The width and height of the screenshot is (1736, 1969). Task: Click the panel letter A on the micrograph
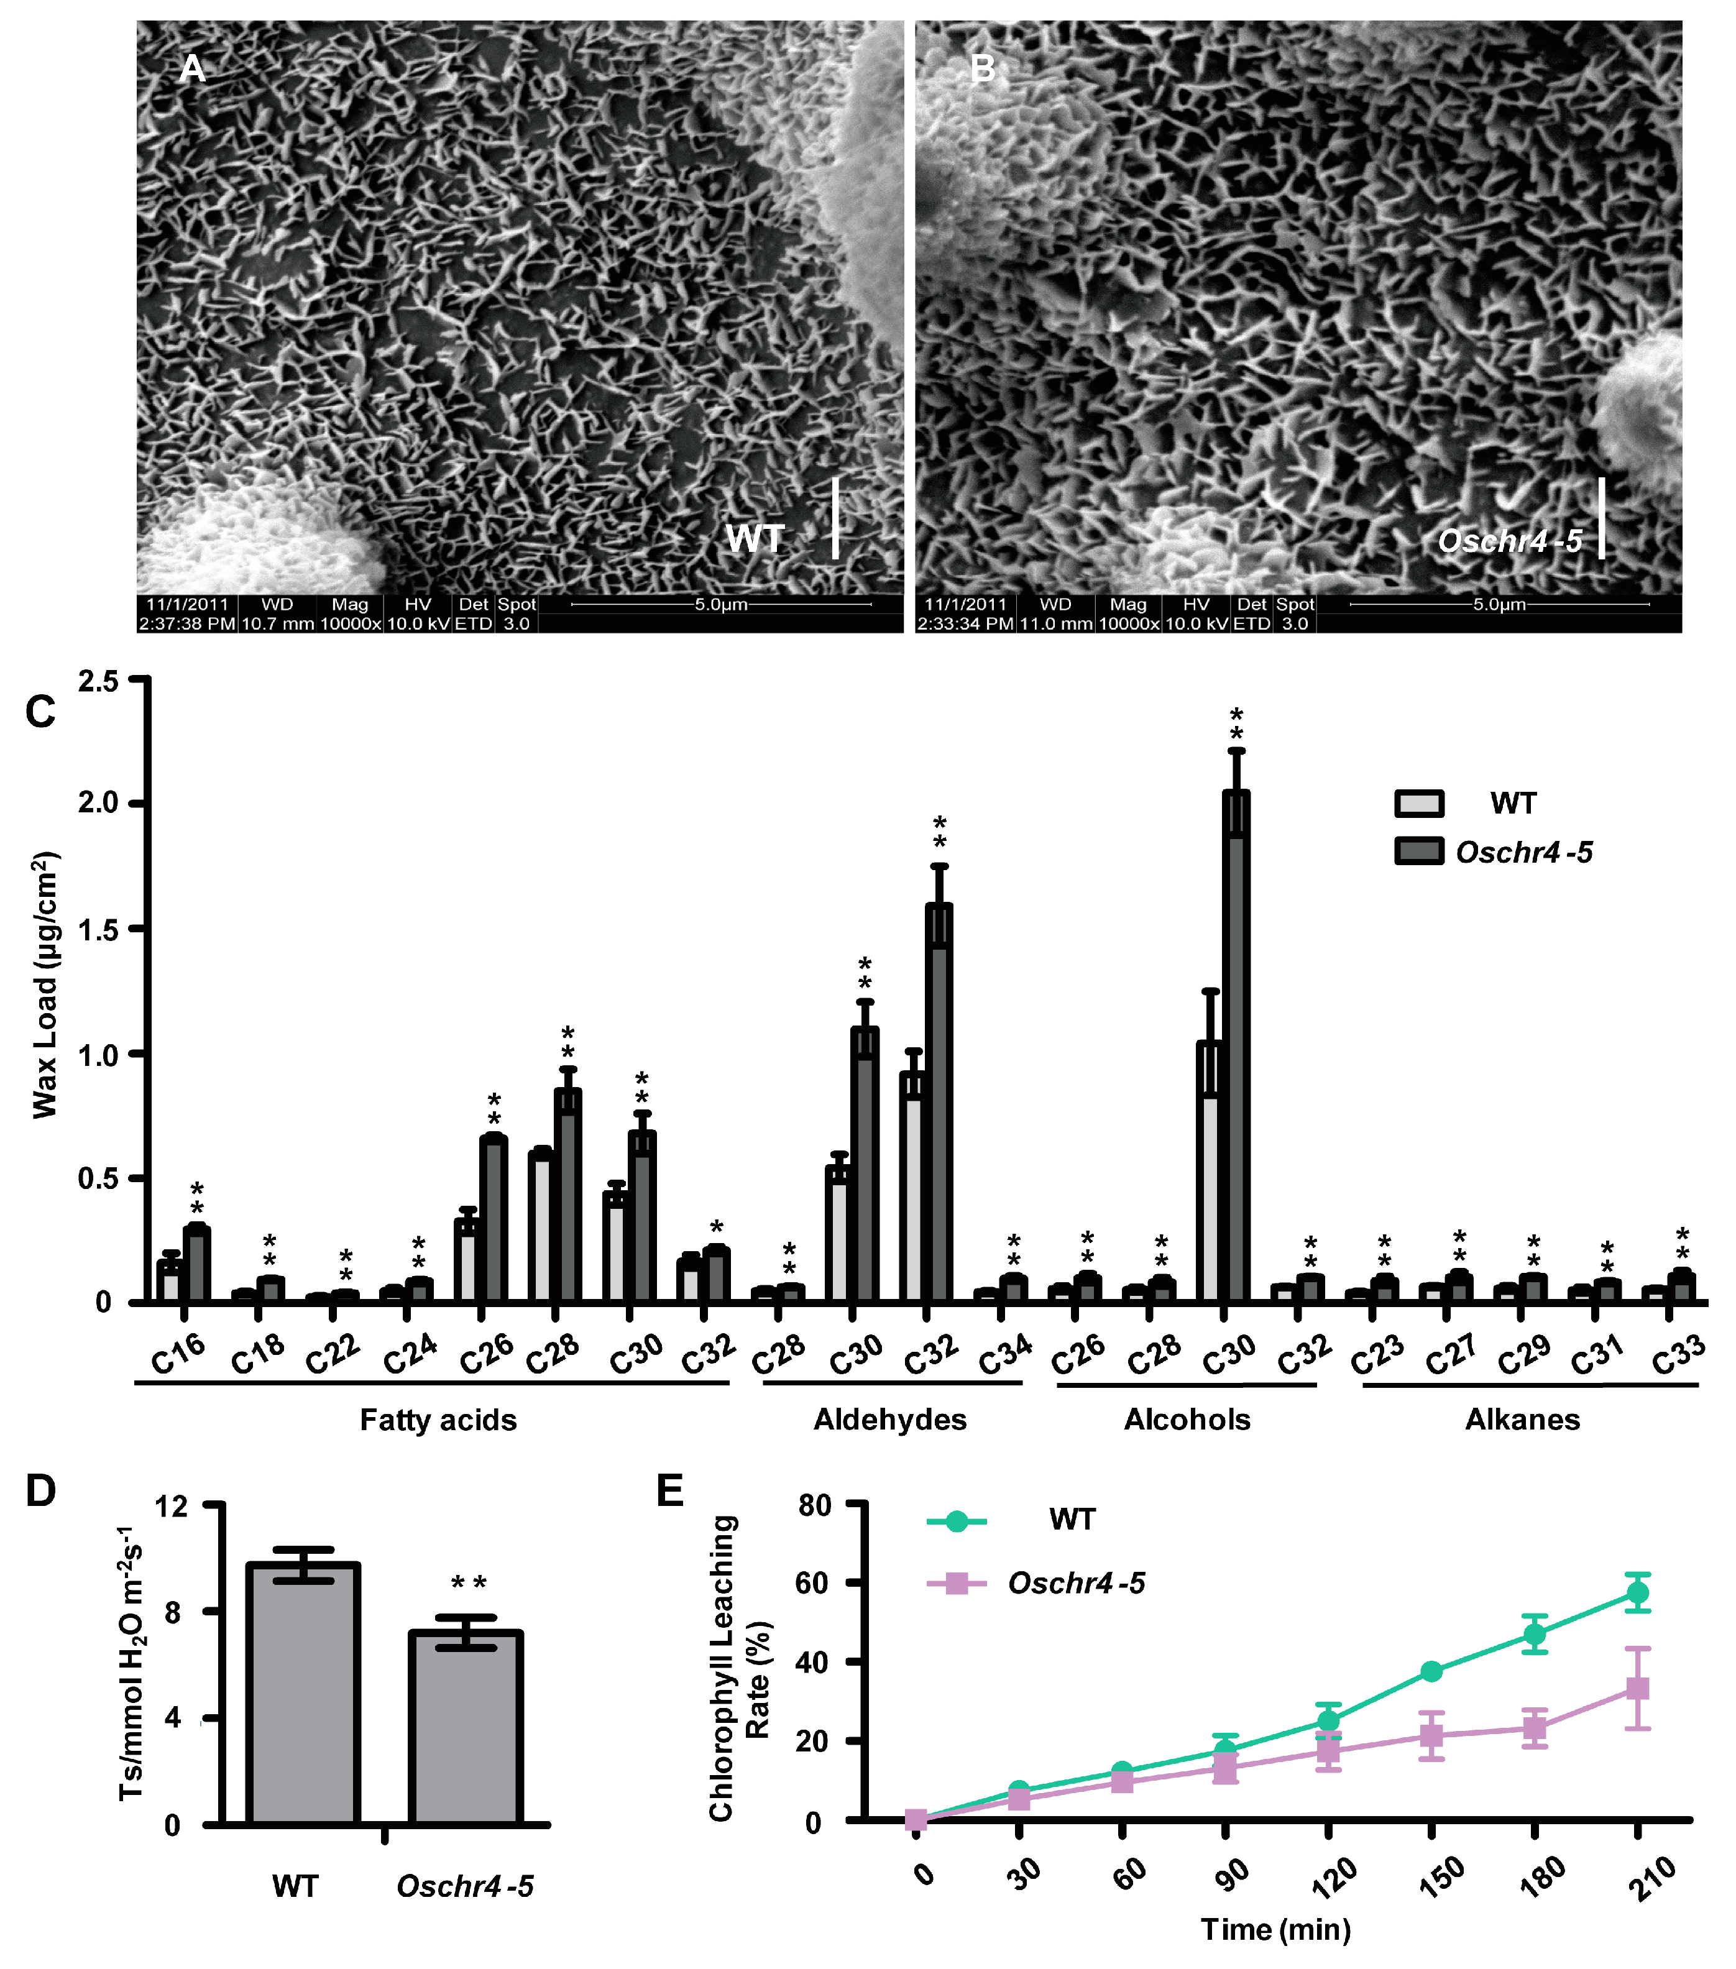(x=193, y=70)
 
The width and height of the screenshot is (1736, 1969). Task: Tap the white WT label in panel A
(x=755, y=538)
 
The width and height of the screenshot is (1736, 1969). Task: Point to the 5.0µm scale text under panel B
(x=1499, y=604)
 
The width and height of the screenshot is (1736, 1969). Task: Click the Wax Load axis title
(x=45, y=984)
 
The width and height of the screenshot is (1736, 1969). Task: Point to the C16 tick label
(x=179, y=1354)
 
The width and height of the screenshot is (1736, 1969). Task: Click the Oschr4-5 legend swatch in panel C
(x=1419, y=851)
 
